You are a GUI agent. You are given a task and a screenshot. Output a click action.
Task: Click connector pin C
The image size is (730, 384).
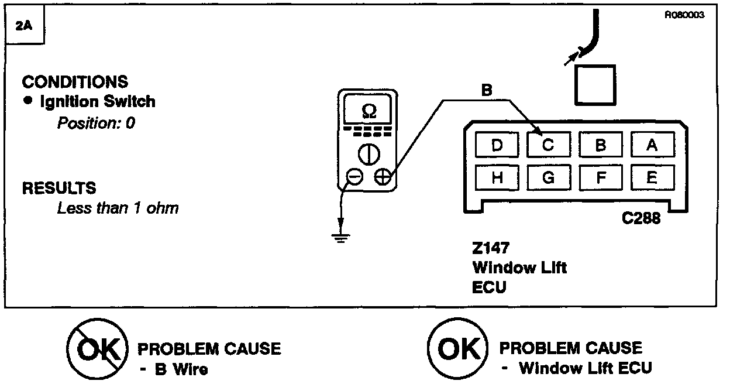548,145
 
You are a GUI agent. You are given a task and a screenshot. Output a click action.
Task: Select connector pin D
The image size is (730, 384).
497,145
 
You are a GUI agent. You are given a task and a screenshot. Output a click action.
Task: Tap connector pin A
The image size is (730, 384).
652,145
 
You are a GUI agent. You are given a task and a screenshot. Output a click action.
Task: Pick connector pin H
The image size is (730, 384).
497,178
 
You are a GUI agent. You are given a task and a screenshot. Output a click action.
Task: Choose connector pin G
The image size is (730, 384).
548,178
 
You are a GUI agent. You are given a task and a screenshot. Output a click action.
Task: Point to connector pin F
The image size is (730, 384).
600,178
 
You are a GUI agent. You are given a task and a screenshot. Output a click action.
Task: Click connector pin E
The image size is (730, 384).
652,178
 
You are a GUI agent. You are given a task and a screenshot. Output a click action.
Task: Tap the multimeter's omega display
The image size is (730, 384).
369,110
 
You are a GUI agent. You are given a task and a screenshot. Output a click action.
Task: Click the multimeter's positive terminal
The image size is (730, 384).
383,176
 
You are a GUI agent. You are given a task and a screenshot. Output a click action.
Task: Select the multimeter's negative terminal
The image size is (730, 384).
354,176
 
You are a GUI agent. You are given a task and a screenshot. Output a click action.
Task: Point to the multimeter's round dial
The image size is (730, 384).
369,154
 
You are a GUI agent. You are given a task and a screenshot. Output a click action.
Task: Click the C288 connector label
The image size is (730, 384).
641,219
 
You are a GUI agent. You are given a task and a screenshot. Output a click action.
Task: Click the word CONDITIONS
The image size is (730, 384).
75,81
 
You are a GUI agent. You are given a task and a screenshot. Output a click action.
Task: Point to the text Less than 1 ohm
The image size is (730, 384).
118,208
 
